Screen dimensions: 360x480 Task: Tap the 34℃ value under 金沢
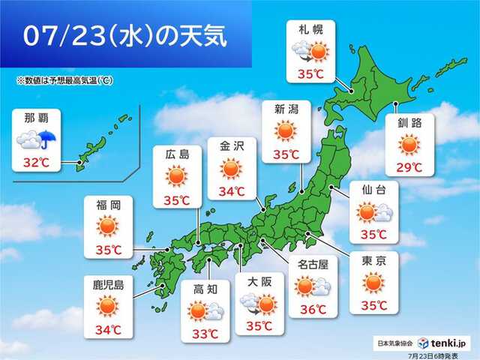click(x=232, y=191)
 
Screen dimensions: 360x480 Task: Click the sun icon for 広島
click(x=175, y=177)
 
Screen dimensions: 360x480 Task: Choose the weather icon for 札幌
click(x=310, y=52)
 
